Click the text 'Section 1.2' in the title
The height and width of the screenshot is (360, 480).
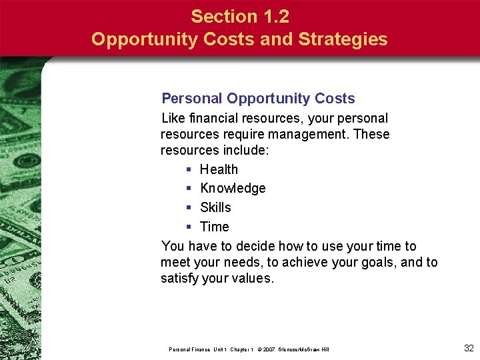(239, 16)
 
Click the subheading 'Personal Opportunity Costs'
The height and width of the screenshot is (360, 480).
(258, 99)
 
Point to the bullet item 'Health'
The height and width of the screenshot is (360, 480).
(219, 169)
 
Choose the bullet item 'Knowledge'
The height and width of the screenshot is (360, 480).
(233, 189)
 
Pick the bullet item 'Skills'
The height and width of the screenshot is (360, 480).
(215, 207)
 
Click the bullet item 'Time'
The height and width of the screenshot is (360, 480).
(214, 227)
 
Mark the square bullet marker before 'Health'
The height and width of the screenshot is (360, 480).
(189, 170)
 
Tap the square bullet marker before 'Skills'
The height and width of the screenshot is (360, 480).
(189, 208)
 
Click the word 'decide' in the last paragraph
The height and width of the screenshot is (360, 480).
(253, 246)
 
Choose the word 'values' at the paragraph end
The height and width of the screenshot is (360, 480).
(252, 279)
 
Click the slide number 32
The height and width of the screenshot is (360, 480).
(468, 347)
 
